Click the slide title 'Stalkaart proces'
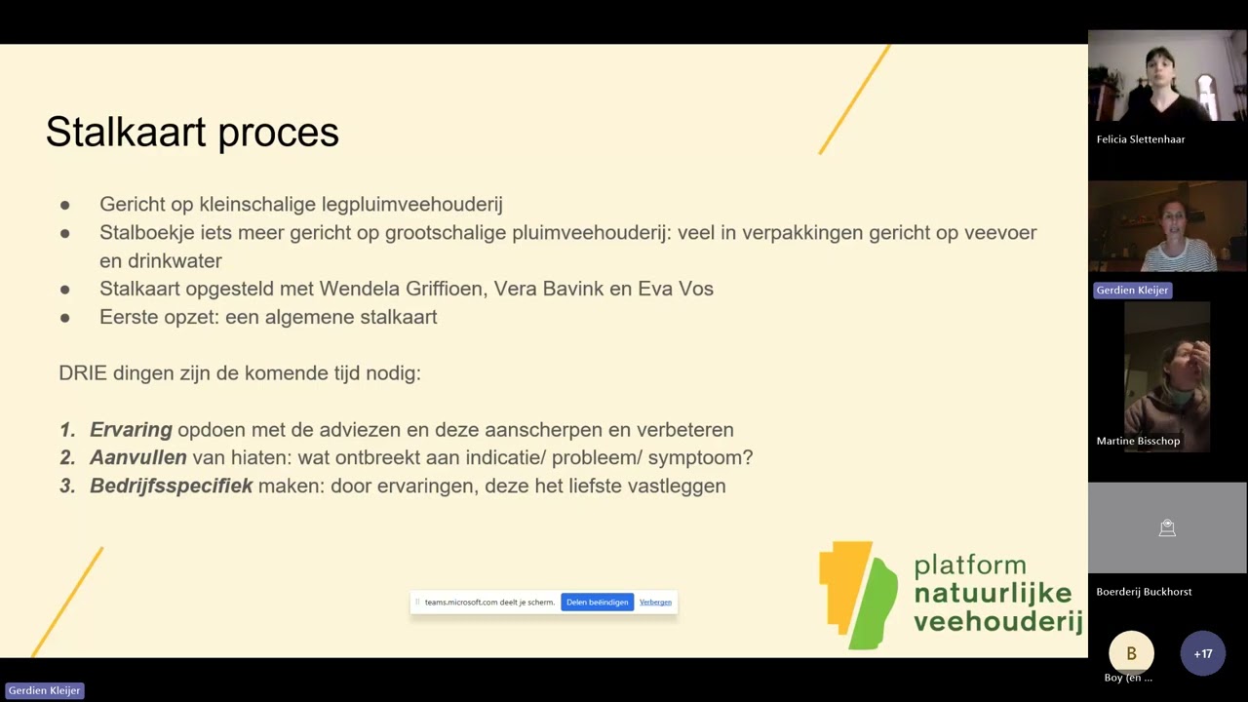192,133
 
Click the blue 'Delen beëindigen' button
597,603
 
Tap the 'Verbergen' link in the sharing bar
655,603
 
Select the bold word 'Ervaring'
131,430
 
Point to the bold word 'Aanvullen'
137,457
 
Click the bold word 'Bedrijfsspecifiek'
171,486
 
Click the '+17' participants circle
1202,653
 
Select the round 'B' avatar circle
1131,653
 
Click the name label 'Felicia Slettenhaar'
1140,139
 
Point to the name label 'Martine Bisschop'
1138,441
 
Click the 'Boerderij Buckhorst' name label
1144,592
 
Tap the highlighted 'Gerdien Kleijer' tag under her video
1132,290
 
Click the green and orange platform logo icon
857,595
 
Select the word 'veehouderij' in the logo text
997,621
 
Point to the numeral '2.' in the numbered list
67,457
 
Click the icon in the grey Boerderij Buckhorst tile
1167,528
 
